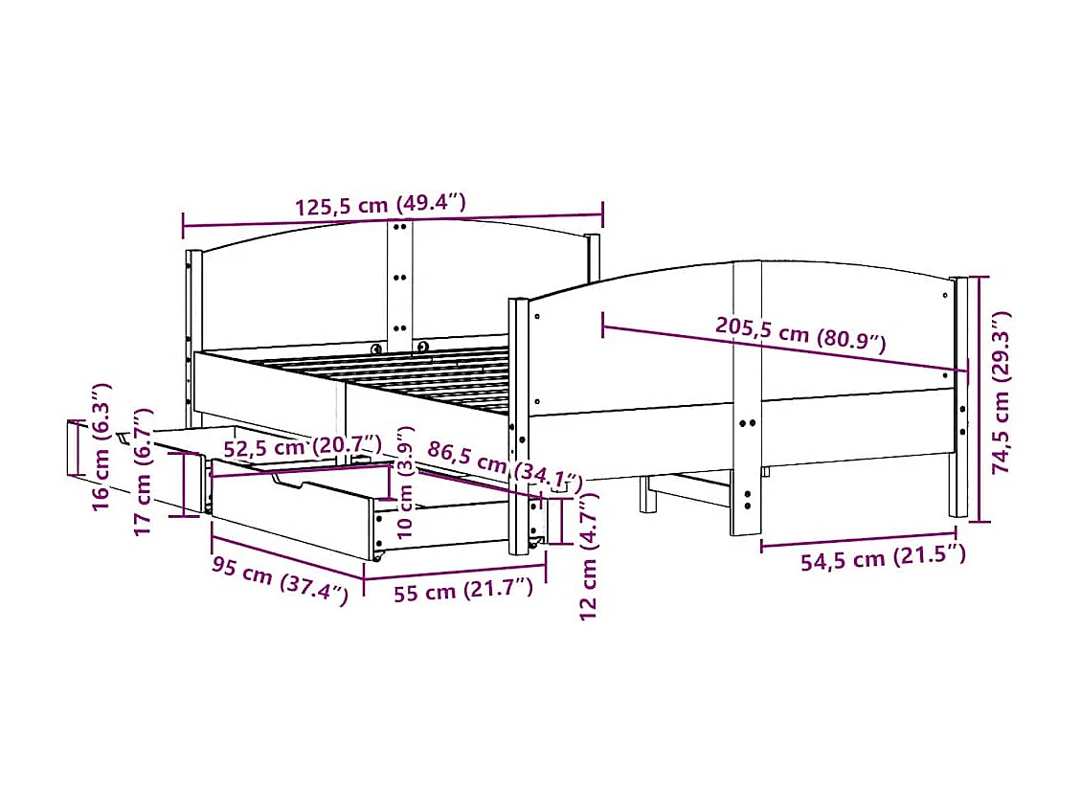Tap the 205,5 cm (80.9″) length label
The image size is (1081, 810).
tap(800, 333)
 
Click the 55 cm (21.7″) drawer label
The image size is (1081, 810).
tap(462, 592)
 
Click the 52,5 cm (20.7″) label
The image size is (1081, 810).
tap(302, 446)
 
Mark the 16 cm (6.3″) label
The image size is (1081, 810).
tap(101, 446)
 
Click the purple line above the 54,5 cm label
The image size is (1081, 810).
tap(858, 538)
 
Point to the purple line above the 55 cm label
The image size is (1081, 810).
tap(455, 573)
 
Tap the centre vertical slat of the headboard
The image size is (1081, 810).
tap(400, 278)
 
